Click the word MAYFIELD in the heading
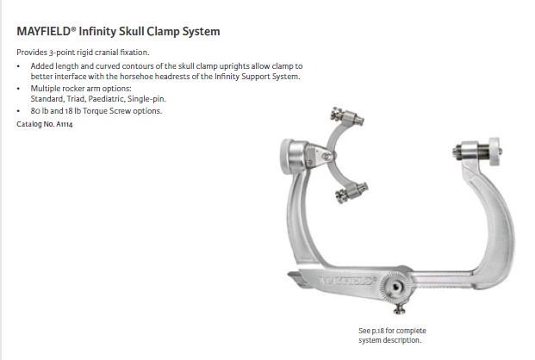44,31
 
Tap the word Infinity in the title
97,31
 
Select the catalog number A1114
64,124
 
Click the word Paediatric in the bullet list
106,99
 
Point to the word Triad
76,99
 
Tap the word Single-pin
146,99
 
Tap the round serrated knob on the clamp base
395,288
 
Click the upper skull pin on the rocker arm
347,117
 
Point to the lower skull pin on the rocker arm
351,192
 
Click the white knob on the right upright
495,152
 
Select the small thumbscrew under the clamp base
399,309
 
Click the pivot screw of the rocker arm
327,156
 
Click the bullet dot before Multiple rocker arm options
18,89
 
